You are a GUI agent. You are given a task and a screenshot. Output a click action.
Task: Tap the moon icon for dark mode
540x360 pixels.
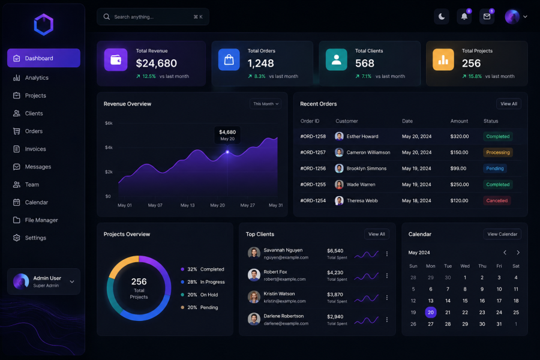(442, 17)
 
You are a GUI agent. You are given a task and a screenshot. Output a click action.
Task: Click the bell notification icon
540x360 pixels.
(464, 17)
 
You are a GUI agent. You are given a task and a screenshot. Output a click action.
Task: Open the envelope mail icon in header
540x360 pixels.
(487, 17)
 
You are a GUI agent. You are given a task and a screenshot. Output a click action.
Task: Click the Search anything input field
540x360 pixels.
(153, 17)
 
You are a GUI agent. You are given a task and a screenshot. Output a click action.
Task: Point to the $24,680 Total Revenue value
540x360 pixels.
(157, 64)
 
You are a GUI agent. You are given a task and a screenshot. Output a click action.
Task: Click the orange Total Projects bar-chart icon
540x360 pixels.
(443, 59)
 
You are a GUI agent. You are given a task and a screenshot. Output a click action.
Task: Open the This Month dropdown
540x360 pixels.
(266, 104)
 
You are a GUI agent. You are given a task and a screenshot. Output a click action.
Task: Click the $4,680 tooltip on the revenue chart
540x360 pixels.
(227, 135)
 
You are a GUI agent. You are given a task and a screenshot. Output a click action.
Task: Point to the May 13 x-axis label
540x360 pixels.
(187, 205)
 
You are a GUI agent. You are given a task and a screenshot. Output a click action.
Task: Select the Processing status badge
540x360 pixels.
(497, 152)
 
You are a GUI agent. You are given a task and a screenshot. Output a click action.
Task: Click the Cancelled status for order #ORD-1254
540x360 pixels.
(497, 200)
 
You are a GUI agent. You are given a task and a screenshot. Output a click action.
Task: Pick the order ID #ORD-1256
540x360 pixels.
(313, 169)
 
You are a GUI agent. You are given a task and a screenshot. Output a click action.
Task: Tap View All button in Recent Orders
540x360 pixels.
(509, 104)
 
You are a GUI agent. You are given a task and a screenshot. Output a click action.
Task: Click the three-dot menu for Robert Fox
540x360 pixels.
(387, 275)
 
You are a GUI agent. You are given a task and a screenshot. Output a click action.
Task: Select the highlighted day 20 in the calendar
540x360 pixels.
(430, 313)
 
